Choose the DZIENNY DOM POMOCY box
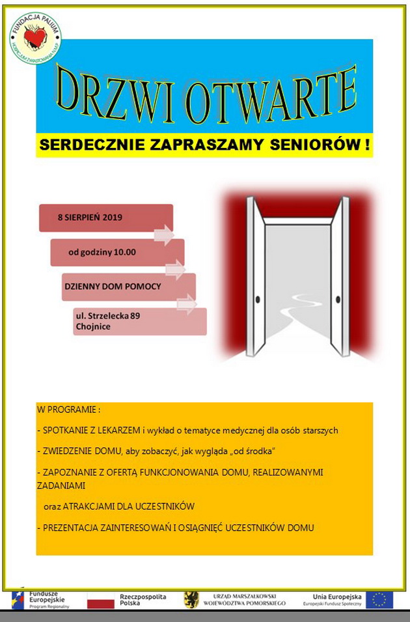[x=112, y=286]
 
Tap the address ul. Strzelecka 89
[x=108, y=315]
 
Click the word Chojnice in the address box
[x=93, y=326]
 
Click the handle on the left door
[x=257, y=299]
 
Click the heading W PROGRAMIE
[x=68, y=410]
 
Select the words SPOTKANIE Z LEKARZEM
[x=91, y=431]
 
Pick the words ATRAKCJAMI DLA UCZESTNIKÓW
[x=128, y=506]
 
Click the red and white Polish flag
[x=100, y=600]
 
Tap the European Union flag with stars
[x=379, y=599]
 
